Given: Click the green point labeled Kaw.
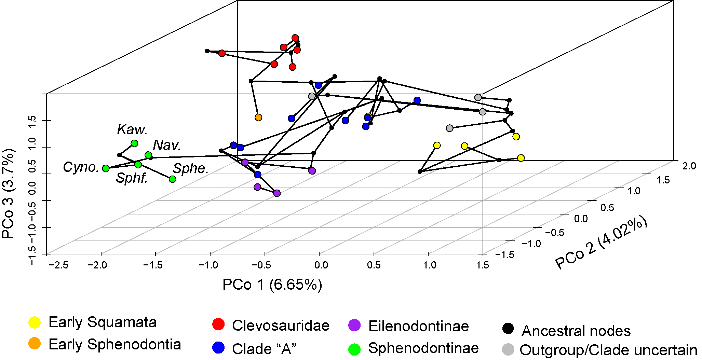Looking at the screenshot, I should (134, 143).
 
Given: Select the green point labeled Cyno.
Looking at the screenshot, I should (106, 168).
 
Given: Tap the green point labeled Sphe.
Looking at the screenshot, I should (173, 179).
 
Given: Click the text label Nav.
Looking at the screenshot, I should (167, 146).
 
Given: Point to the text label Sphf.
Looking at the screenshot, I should (132, 178).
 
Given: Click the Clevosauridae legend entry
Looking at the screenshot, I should (280, 326).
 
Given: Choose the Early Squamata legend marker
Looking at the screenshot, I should (35, 322).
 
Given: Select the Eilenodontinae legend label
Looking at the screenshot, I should (418, 326).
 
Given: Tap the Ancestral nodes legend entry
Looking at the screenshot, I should (576, 331).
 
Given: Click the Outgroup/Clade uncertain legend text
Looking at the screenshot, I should (608, 350).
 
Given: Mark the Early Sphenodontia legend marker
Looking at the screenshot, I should (35, 344).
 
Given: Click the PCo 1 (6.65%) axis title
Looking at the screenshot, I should (272, 285).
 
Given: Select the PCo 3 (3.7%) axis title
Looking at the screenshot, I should (8, 194).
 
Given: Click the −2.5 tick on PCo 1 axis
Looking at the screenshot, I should (59, 265).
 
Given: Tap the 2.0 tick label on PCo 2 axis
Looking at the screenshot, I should (689, 166).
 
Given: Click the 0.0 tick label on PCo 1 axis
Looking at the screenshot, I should (321, 265).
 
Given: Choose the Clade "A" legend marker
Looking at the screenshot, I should (218, 348).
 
